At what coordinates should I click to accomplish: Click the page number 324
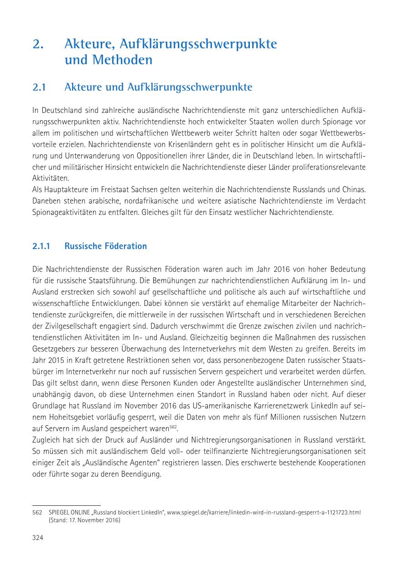tap(37, 538)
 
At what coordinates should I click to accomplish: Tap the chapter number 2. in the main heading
tap(38, 44)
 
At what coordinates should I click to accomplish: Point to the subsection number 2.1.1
tap(41, 246)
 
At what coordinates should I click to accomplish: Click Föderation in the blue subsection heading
tap(125, 246)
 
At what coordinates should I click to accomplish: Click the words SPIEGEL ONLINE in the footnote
tap(64, 512)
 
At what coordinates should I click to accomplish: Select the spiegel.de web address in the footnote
tap(264, 512)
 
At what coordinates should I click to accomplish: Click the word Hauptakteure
tap(63, 188)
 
